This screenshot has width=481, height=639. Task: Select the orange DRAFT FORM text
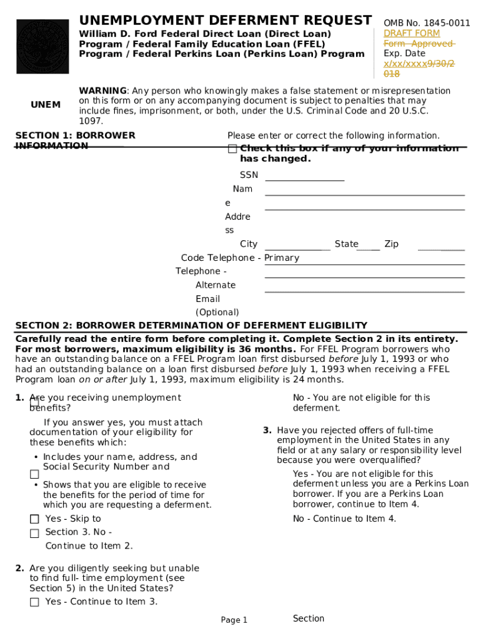coord(412,34)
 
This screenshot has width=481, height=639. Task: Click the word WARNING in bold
coord(102,91)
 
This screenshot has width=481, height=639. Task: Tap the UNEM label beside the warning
coord(46,105)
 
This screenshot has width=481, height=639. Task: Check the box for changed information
coord(232,149)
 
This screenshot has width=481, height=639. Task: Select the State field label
coord(346,244)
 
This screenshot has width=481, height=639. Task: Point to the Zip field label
coord(392,244)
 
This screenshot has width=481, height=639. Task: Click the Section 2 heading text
coord(191,326)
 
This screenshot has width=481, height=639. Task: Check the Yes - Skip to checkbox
coord(34,519)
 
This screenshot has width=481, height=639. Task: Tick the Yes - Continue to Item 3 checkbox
coord(34,602)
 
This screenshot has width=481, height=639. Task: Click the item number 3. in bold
coord(267,431)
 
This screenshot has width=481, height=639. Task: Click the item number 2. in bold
coord(20,568)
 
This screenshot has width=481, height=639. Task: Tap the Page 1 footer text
coord(234,620)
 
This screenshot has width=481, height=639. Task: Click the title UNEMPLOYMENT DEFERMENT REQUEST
coord(225,20)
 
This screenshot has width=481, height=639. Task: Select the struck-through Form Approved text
coord(419,44)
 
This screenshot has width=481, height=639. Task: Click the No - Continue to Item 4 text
coord(344,519)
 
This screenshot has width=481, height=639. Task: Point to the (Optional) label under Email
coord(217,313)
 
